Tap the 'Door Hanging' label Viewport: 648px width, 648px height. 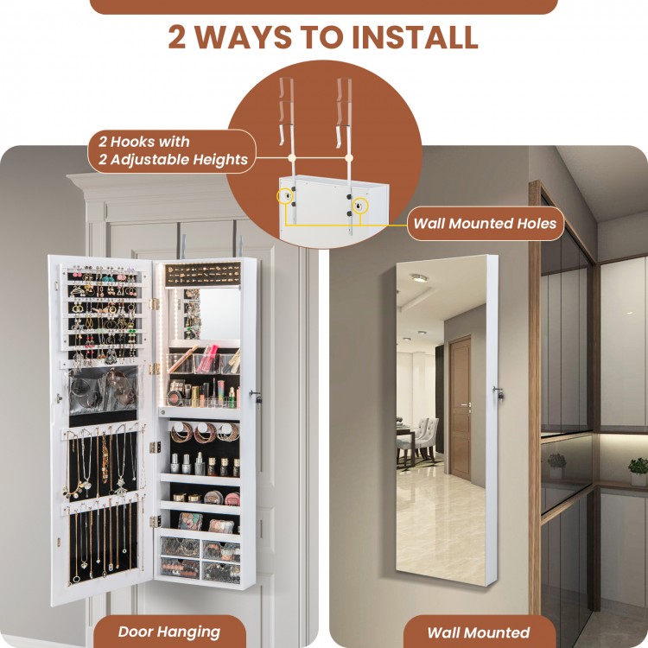tap(169, 632)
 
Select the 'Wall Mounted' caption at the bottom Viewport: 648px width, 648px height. tap(478, 632)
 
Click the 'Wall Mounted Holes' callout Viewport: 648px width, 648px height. tap(486, 224)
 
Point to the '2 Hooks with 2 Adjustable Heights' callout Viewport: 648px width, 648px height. tap(173, 151)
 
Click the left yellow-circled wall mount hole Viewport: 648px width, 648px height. tap(285, 196)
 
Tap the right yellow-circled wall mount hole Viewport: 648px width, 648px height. tap(359, 206)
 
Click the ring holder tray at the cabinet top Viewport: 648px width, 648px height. tap(203, 274)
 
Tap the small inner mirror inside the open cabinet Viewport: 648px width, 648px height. tap(219, 314)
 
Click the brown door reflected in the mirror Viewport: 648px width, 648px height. tap(460, 409)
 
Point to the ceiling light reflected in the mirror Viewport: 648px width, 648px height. tap(419, 277)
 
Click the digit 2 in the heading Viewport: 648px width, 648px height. tap(177, 38)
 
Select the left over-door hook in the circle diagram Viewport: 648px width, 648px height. tap(286, 111)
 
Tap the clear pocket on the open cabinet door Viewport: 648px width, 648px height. tap(104, 390)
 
